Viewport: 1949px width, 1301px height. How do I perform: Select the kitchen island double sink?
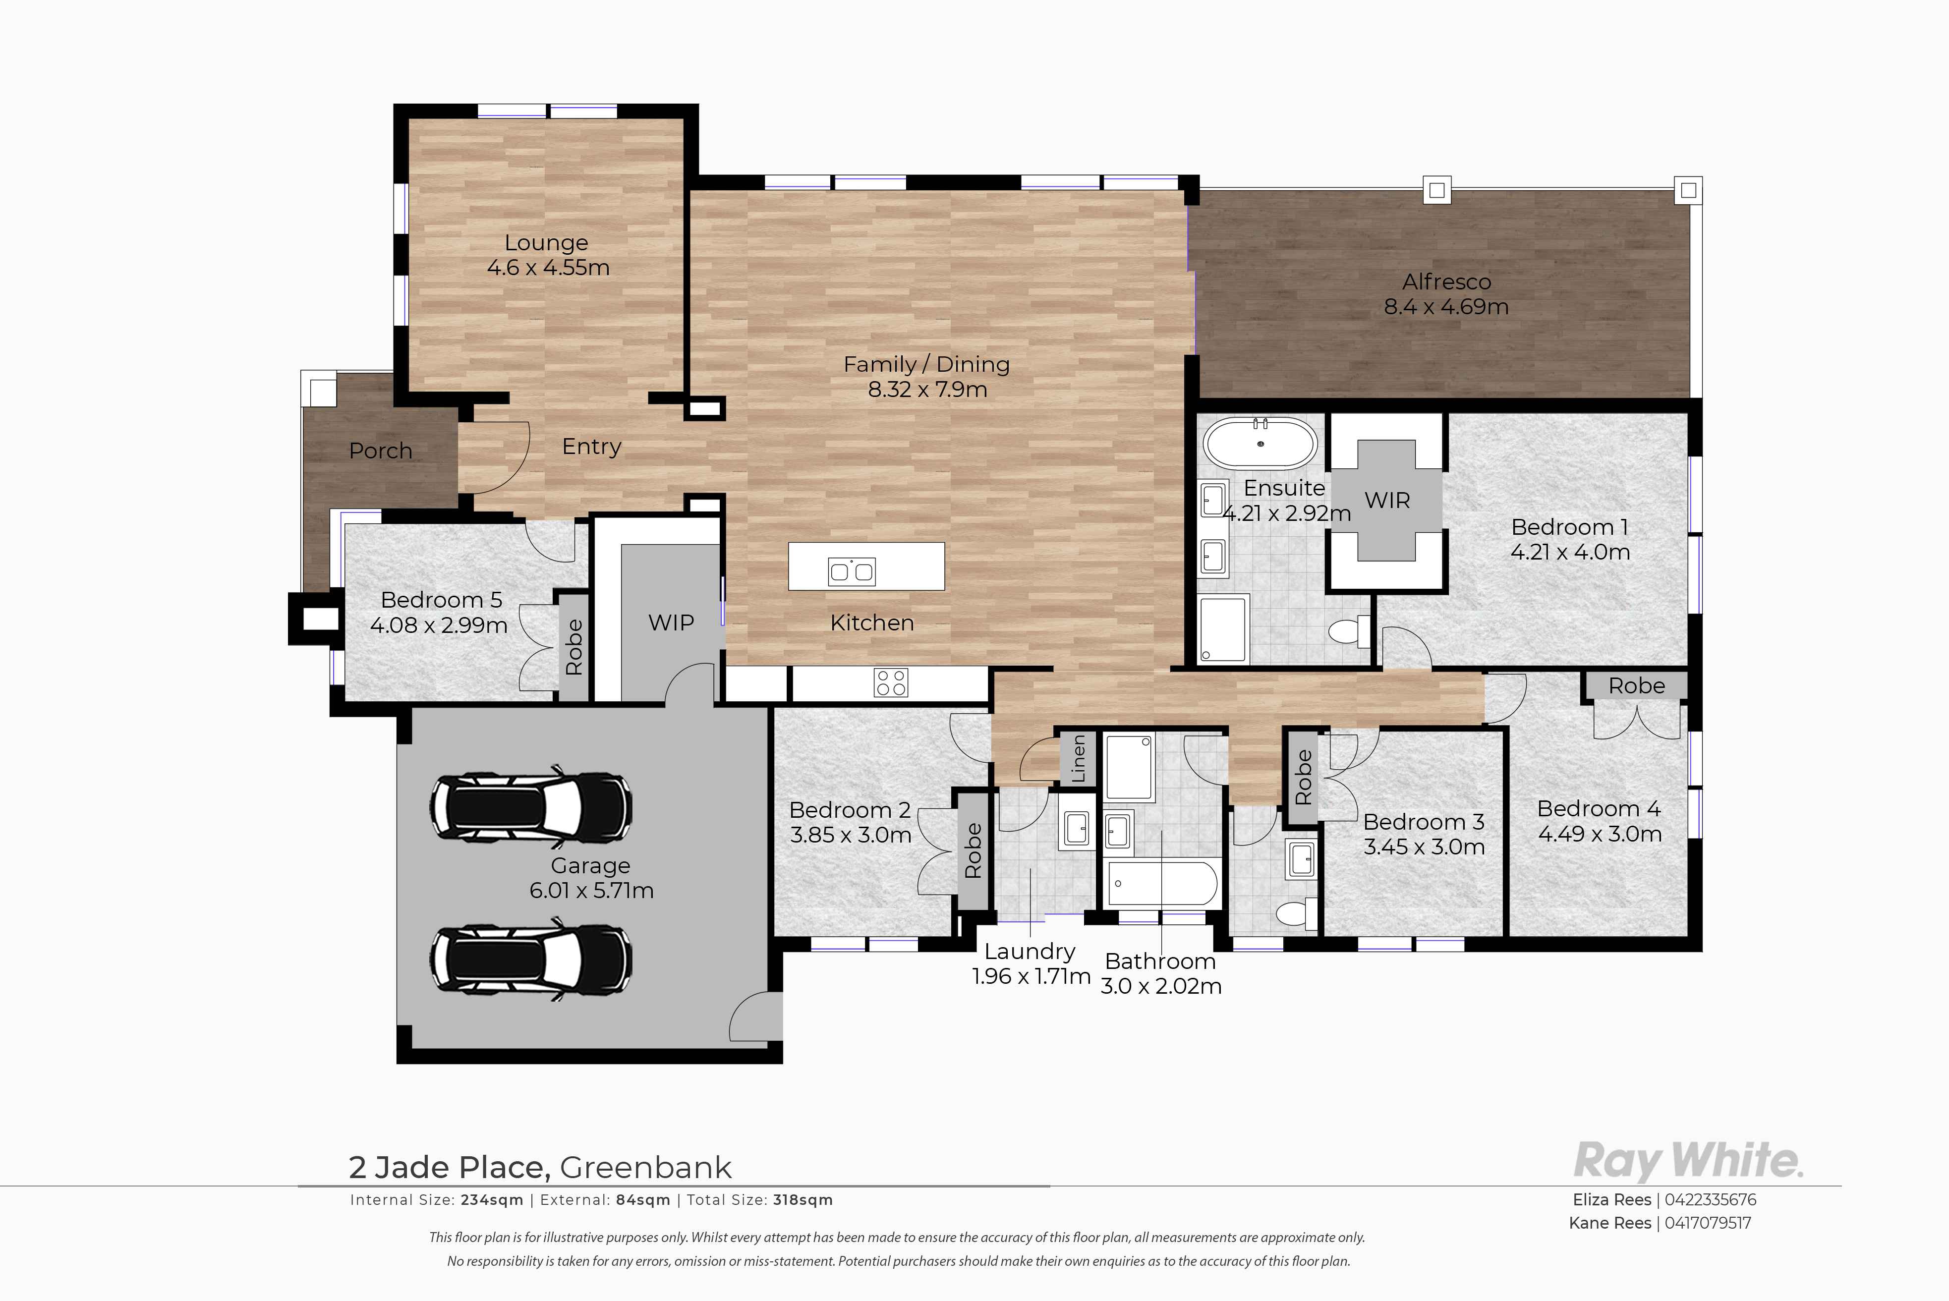click(x=851, y=571)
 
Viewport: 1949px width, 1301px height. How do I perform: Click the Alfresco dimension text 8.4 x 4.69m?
click(x=1446, y=306)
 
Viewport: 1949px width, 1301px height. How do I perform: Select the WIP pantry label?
click(x=671, y=622)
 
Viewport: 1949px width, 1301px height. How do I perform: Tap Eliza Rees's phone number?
click(x=1710, y=1200)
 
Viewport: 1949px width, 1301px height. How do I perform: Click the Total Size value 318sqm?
click(x=803, y=1200)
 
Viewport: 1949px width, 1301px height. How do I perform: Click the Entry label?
click(x=591, y=447)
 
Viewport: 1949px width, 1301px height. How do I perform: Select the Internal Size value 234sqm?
click(x=493, y=1200)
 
